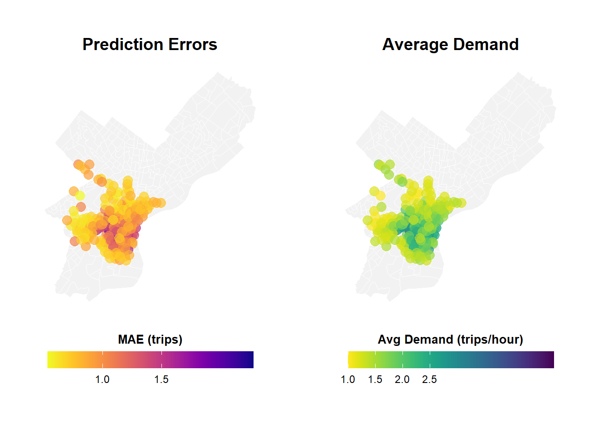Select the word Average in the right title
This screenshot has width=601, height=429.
pos(415,45)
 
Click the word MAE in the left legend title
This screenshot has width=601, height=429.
pos(131,340)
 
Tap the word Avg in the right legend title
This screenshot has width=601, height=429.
pos(389,340)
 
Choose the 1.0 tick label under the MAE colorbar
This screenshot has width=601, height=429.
pos(102,379)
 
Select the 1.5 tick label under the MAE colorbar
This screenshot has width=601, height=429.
pos(161,379)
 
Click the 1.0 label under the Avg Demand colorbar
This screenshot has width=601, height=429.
pos(348,379)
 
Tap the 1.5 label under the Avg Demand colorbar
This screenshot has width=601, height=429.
pos(375,379)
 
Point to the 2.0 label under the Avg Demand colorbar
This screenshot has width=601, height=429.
pos(402,379)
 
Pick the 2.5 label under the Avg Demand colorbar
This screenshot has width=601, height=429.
pos(429,379)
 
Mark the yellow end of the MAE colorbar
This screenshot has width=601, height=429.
pos(51,360)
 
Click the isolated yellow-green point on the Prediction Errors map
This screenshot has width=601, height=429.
pos(80,196)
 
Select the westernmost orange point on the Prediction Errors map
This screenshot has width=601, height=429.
pos(67,220)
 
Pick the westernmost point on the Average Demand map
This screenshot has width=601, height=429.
pos(368,220)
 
